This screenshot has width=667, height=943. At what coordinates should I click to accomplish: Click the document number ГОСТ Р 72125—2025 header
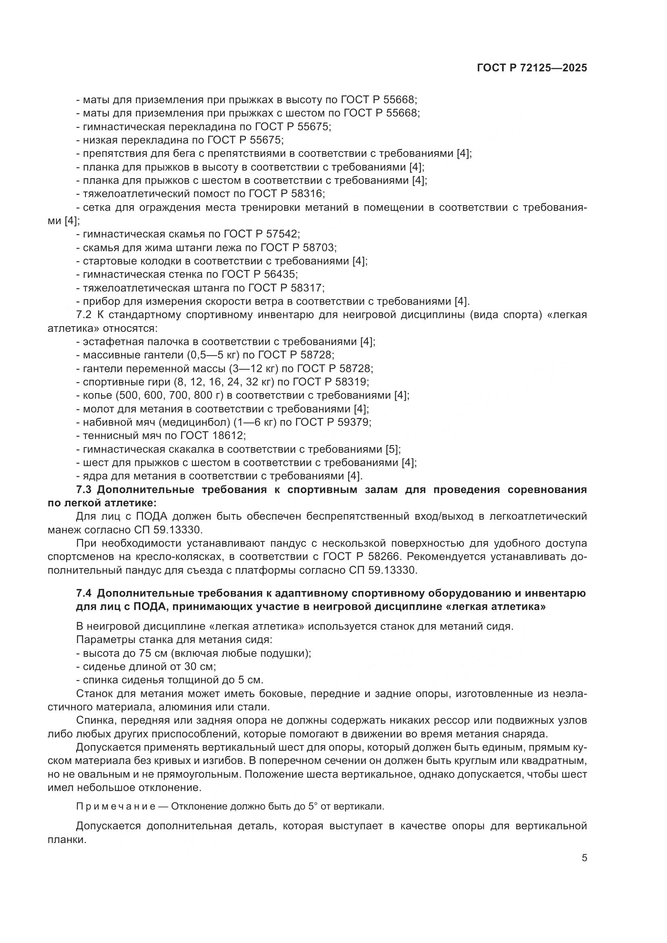point(532,68)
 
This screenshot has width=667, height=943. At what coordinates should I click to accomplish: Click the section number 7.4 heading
point(85,593)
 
